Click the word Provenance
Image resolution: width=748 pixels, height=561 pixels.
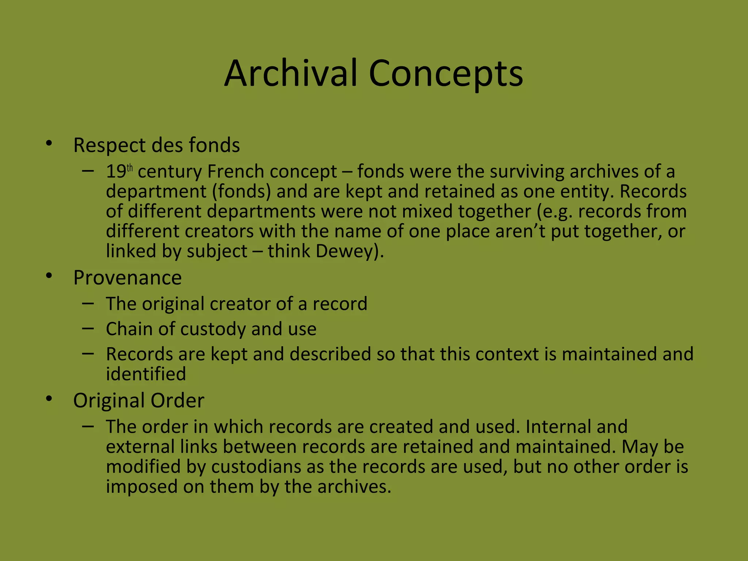coord(127,278)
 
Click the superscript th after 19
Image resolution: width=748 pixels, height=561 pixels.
coord(130,168)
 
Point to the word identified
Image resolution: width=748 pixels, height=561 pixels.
coord(146,374)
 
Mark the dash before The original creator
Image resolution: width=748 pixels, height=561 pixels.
coord(88,303)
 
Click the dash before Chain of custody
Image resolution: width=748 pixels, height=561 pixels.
coord(88,328)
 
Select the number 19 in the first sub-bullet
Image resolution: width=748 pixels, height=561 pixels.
coord(116,172)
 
